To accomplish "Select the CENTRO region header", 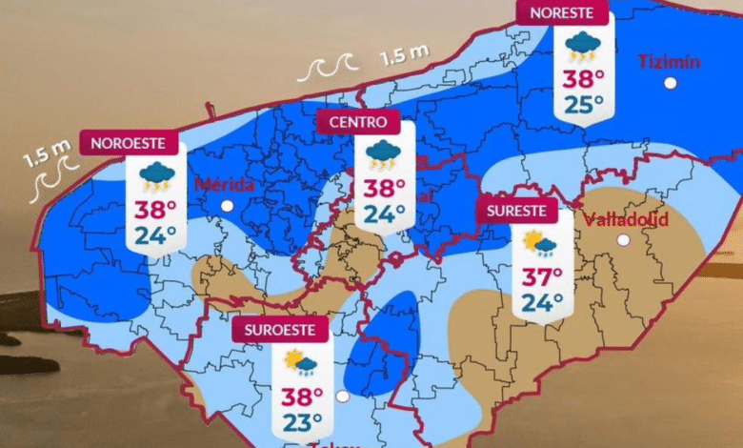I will [x=358, y=122].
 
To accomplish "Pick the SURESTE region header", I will [x=515, y=210].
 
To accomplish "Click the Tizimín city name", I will [x=669, y=63].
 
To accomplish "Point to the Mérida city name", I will [x=224, y=184].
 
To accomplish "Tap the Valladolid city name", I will [x=625, y=219].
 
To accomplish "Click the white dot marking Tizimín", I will [x=671, y=84].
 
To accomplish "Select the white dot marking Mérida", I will [x=227, y=205].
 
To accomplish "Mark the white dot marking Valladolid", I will [x=623, y=240].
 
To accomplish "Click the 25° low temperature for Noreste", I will [x=581, y=105].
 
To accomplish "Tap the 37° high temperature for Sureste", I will [x=543, y=278].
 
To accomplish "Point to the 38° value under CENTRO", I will [x=383, y=188].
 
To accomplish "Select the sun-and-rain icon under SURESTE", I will [x=540, y=246].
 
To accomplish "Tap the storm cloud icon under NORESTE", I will [x=581, y=46].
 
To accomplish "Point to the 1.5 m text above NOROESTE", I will [x=48, y=151].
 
